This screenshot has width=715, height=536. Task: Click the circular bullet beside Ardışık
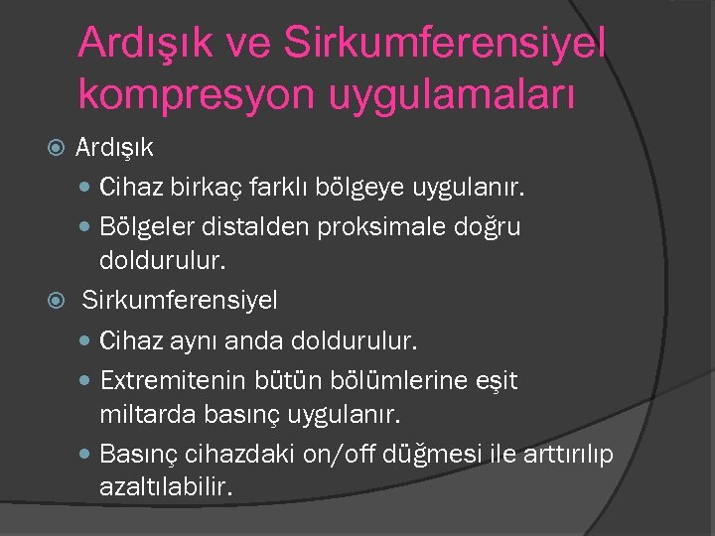[x=57, y=148]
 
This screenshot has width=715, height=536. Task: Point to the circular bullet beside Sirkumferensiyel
[x=57, y=299]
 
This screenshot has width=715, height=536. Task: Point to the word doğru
[x=488, y=227]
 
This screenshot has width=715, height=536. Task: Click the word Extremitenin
[x=166, y=380]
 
